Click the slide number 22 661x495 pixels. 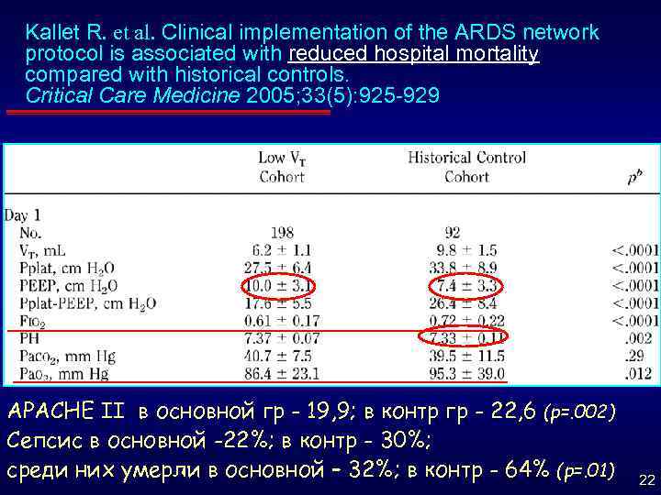point(645,480)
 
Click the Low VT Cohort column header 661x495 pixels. point(282,167)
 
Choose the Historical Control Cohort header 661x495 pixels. point(466,167)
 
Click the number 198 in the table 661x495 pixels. point(282,233)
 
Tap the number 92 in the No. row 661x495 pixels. point(451,233)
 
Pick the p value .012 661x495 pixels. point(634,373)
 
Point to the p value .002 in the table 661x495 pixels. point(634,337)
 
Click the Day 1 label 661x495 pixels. point(24,216)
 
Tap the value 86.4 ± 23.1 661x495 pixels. point(282,373)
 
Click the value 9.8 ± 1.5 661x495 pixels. point(465,249)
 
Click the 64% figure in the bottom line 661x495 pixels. point(529,470)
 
